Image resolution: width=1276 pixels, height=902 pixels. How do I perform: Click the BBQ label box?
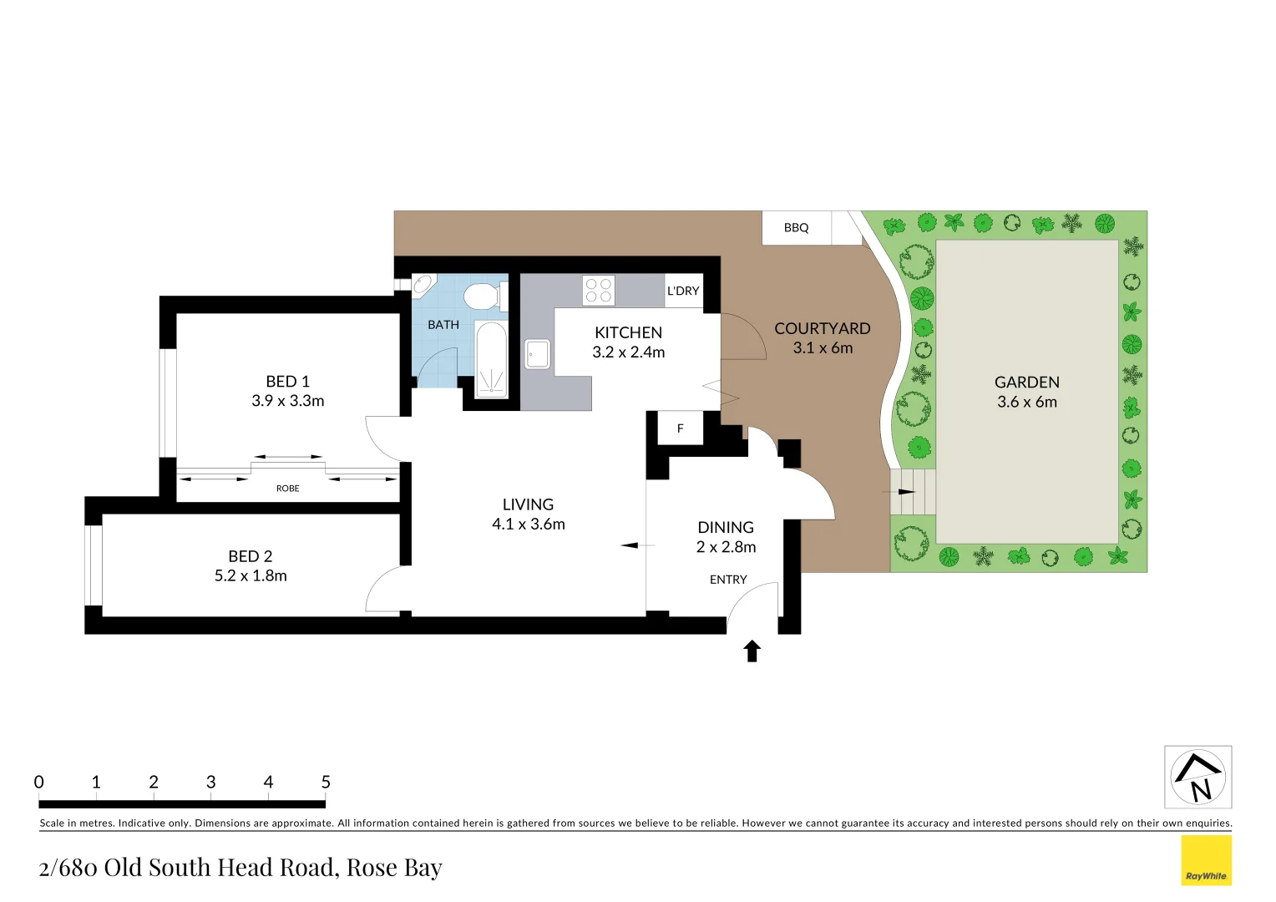pyautogui.click(x=796, y=228)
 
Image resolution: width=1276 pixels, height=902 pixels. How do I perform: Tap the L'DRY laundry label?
pyautogui.click(x=683, y=291)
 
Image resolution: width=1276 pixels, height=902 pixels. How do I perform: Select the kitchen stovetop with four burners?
pyautogui.click(x=599, y=291)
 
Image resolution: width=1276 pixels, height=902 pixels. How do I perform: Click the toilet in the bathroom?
pyautogui.click(x=482, y=296)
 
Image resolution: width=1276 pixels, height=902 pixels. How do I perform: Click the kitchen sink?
pyautogui.click(x=538, y=354)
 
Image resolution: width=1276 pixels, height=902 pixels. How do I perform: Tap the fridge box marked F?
pyautogui.click(x=680, y=428)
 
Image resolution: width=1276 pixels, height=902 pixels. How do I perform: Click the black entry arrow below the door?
pyautogui.click(x=752, y=651)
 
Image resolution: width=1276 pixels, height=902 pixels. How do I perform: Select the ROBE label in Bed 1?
pyautogui.click(x=287, y=489)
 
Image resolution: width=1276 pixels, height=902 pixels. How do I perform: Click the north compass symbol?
pyautogui.click(x=1198, y=778)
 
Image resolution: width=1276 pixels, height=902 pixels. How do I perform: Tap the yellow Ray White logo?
pyautogui.click(x=1206, y=860)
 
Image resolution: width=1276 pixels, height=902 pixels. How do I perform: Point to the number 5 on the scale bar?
pyautogui.click(x=326, y=783)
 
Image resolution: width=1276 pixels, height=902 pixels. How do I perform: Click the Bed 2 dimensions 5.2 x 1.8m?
pyautogui.click(x=251, y=575)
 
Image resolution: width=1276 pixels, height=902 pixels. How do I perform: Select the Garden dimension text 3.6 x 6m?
pyautogui.click(x=1027, y=402)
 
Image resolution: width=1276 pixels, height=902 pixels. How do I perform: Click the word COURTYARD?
pyautogui.click(x=823, y=328)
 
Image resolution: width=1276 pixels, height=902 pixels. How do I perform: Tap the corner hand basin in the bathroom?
pyautogui.click(x=423, y=285)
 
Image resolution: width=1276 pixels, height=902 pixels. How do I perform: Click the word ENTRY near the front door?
pyautogui.click(x=728, y=580)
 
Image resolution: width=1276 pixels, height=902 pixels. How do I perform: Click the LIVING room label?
pyautogui.click(x=528, y=504)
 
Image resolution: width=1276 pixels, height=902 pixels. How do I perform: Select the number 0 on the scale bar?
pyautogui.click(x=39, y=783)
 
